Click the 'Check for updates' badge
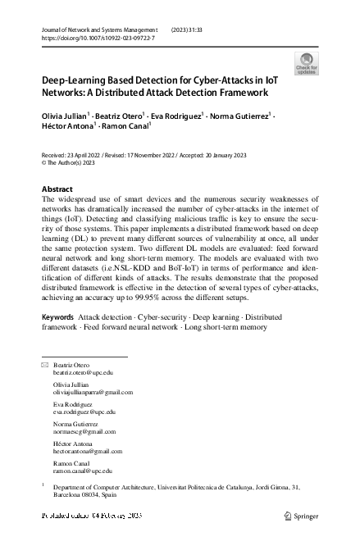pos(307,63)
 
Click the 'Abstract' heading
pos(57,189)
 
